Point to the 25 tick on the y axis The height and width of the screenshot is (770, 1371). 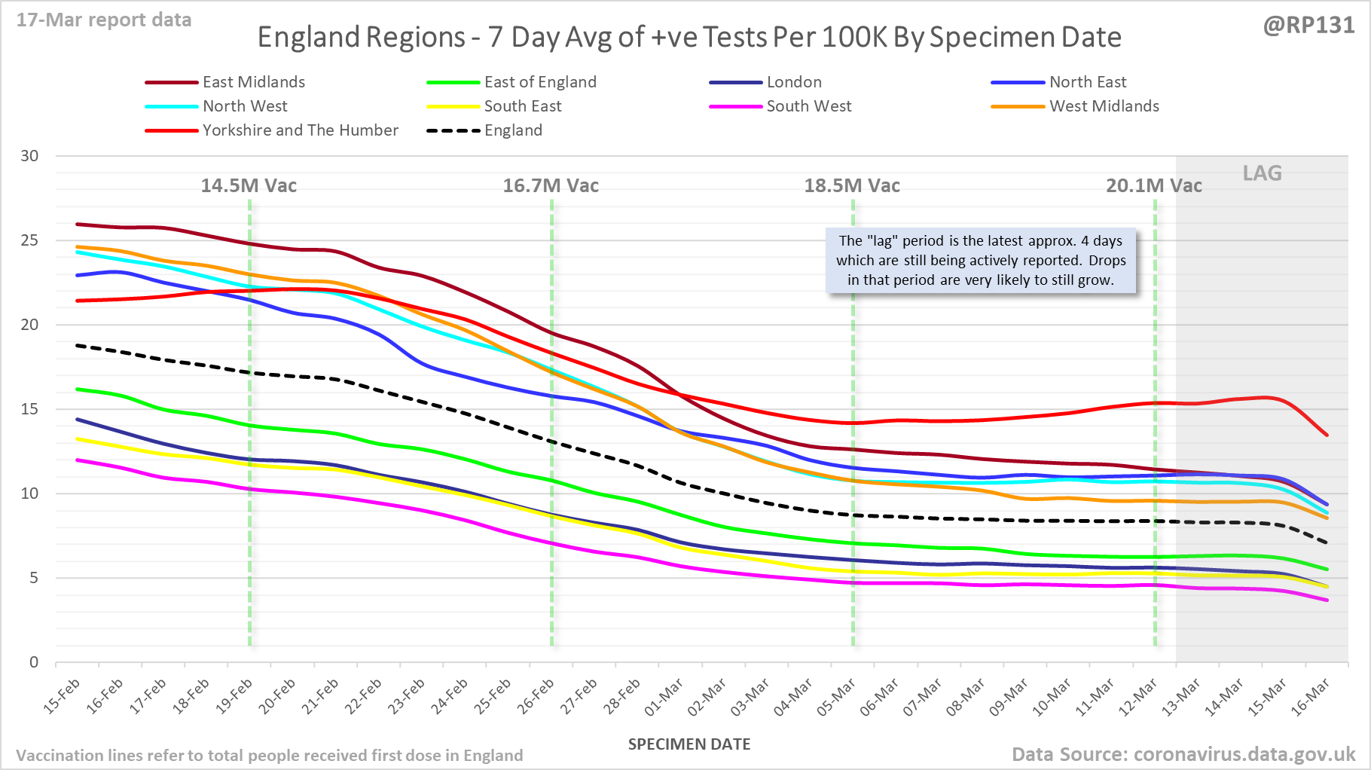pyautogui.click(x=29, y=240)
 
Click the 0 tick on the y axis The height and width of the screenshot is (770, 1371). pyautogui.click(x=34, y=662)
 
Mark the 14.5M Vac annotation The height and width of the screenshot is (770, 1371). pyautogui.click(x=249, y=186)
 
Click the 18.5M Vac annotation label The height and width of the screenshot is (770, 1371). pyautogui.click(x=852, y=186)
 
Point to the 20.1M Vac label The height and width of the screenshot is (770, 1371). pyautogui.click(x=1153, y=186)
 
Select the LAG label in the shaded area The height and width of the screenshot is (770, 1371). pyautogui.click(x=1262, y=173)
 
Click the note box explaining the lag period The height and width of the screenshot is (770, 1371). pyautogui.click(x=981, y=261)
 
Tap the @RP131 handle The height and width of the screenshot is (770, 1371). pyautogui.click(x=1308, y=26)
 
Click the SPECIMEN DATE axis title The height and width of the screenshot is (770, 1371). pyautogui.click(x=689, y=744)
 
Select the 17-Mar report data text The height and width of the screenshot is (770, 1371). pyautogui.click(x=104, y=20)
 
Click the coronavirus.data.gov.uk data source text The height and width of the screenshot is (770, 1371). pyautogui.click(x=1183, y=754)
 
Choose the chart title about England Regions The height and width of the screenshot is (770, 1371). pyautogui.click(x=689, y=37)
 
